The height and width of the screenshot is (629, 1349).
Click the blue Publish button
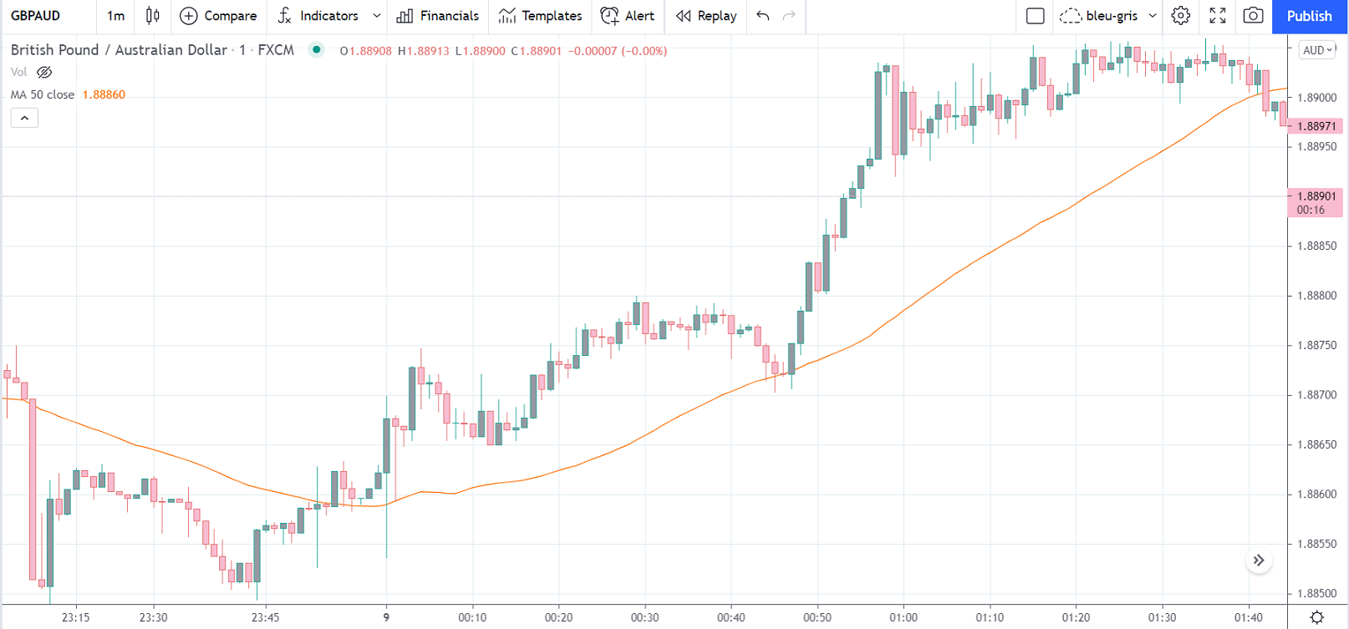(x=1309, y=16)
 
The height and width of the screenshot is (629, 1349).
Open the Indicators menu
(x=318, y=16)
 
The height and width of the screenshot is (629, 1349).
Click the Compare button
(x=219, y=16)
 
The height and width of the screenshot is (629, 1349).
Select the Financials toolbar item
(x=438, y=16)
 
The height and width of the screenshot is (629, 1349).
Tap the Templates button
(x=540, y=16)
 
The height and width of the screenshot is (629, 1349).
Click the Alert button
(x=628, y=16)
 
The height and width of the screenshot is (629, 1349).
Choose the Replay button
(x=706, y=16)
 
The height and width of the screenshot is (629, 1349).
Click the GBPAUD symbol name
(x=36, y=16)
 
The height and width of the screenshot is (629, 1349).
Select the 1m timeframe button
(x=115, y=16)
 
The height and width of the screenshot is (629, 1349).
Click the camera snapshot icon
(x=1253, y=16)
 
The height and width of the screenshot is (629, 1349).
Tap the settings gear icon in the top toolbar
(x=1181, y=16)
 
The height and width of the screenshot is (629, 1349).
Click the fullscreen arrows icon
(x=1218, y=16)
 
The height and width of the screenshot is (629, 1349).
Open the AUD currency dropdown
(x=1317, y=51)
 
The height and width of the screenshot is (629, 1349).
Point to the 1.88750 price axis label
(x=1317, y=346)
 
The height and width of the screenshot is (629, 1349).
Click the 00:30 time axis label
(x=644, y=617)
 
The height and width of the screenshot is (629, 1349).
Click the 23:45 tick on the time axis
(x=266, y=617)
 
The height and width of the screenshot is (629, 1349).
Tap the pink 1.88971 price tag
(x=1316, y=126)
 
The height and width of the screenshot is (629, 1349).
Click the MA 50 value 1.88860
(x=104, y=95)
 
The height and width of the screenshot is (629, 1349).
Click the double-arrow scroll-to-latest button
(x=1259, y=561)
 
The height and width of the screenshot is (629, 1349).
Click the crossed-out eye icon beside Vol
(x=44, y=73)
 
